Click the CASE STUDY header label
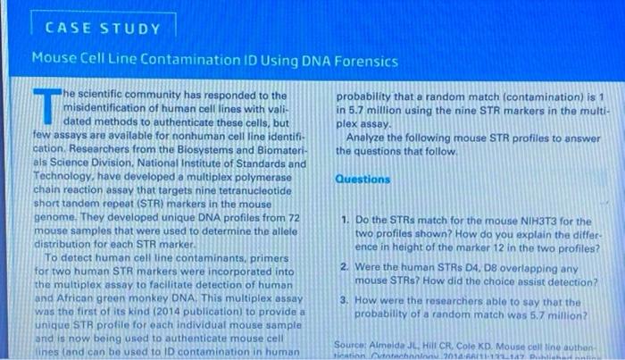[x=104, y=27]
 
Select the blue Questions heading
[x=362, y=179]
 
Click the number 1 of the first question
[x=344, y=219]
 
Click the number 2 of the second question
[x=344, y=266]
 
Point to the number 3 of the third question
[x=344, y=301]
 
